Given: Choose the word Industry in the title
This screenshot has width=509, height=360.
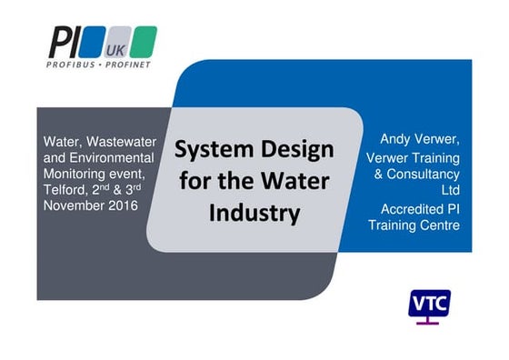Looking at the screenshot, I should tap(254, 215).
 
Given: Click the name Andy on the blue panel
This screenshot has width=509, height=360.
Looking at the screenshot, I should tap(396, 140).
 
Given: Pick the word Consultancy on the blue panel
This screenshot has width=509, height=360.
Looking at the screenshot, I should tap(424, 175).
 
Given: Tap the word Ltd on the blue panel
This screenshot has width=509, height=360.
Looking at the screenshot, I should tap(448, 191).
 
